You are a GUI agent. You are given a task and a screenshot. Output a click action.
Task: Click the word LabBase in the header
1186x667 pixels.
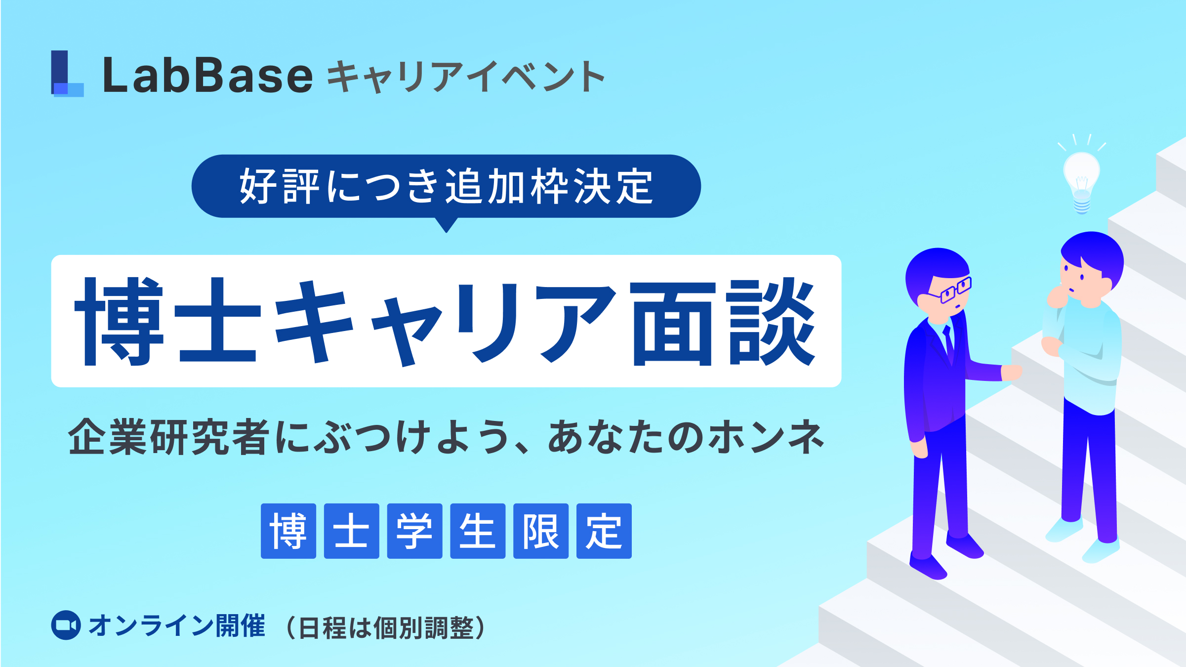207,75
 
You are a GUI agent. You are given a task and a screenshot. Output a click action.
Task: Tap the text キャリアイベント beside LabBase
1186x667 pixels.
466,77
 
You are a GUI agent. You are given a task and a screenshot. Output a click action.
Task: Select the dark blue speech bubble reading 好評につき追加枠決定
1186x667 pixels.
446,186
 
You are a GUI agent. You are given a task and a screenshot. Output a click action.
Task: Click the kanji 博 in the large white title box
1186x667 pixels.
119,321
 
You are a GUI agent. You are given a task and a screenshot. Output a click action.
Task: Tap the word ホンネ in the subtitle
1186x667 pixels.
766,437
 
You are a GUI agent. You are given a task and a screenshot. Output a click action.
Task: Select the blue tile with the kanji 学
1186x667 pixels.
414,531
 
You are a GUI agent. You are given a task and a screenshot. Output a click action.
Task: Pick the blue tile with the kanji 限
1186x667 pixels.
541,531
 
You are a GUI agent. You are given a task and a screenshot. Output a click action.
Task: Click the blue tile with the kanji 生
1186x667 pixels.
478,531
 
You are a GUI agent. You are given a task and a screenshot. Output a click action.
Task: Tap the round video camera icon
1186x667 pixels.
66,625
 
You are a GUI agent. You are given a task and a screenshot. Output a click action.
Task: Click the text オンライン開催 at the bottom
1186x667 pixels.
177,626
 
